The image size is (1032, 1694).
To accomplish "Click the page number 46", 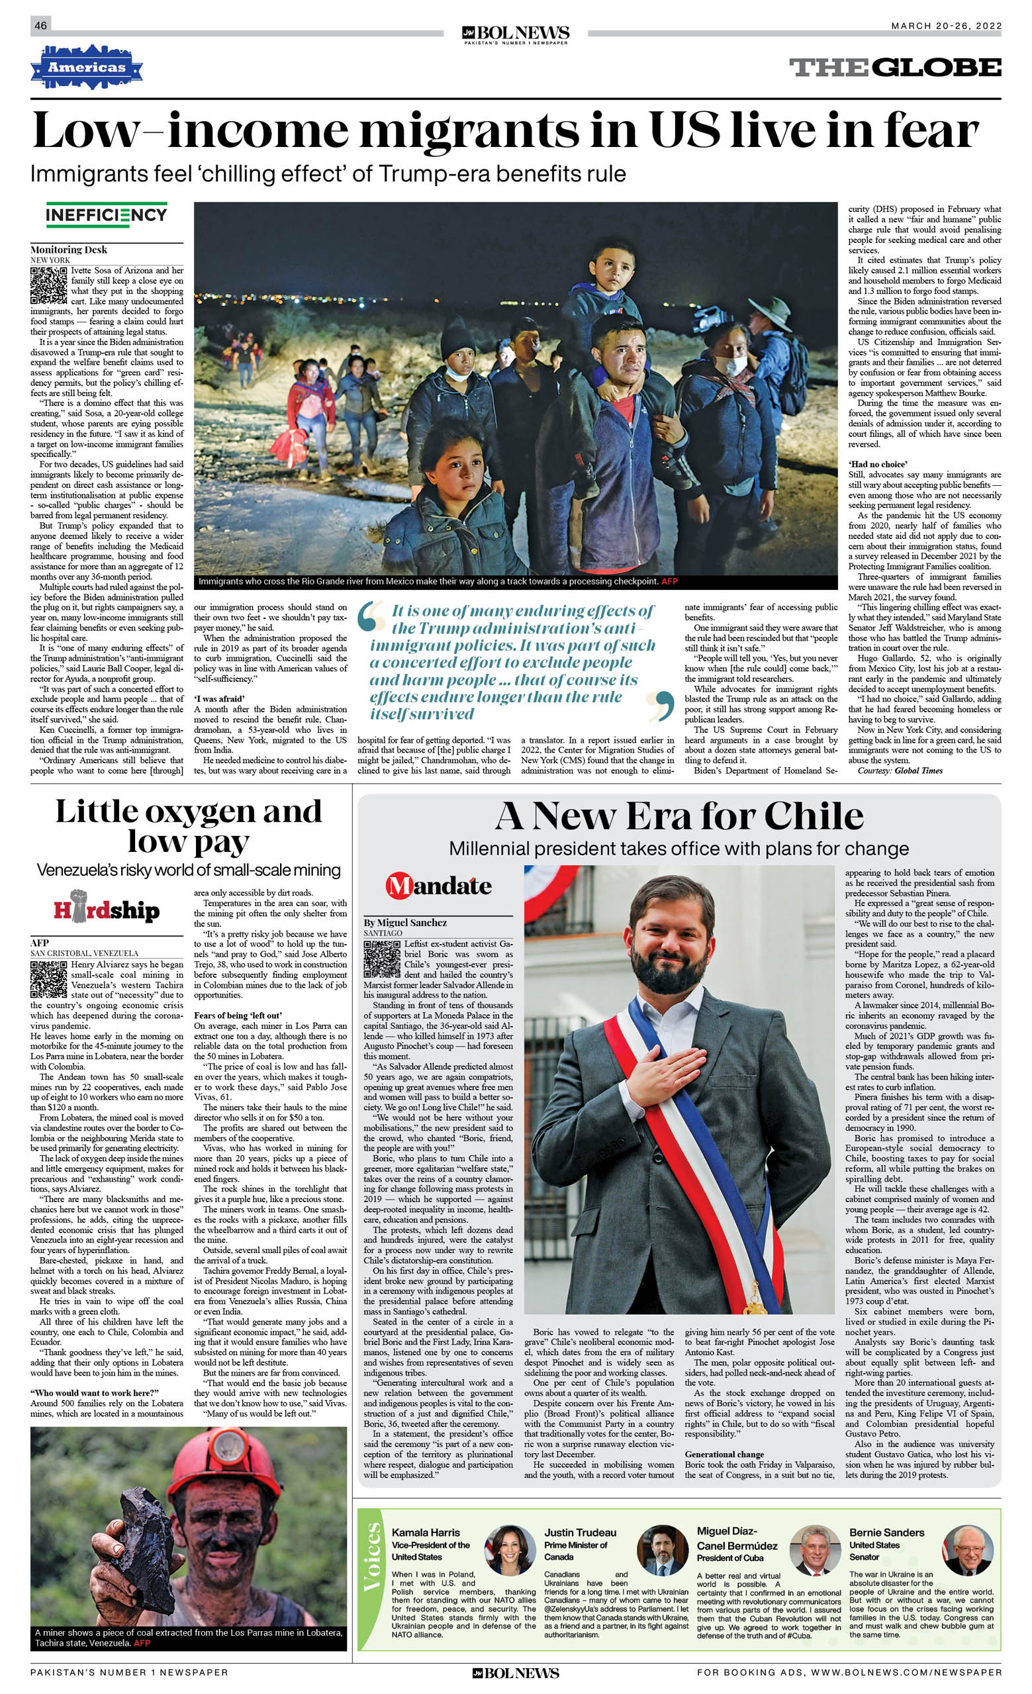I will (40, 25).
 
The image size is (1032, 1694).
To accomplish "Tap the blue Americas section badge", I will (86, 68).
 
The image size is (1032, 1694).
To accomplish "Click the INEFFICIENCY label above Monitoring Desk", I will (107, 215).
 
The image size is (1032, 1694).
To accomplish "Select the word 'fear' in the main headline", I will (931, 130).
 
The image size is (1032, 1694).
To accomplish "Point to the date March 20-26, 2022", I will (946, 26).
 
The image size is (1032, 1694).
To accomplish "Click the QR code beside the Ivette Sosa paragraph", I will (48, 285).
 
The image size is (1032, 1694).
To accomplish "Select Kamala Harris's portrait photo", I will (510, 1550).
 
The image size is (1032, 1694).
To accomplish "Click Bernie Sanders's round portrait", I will (967, 1550).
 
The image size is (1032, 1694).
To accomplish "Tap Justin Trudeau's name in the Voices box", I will (581, 1532).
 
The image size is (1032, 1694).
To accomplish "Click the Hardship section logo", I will (107, 910).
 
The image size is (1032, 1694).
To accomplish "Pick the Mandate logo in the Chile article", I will (439, 886).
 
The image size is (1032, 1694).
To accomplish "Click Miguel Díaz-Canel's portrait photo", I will (815, 1550).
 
